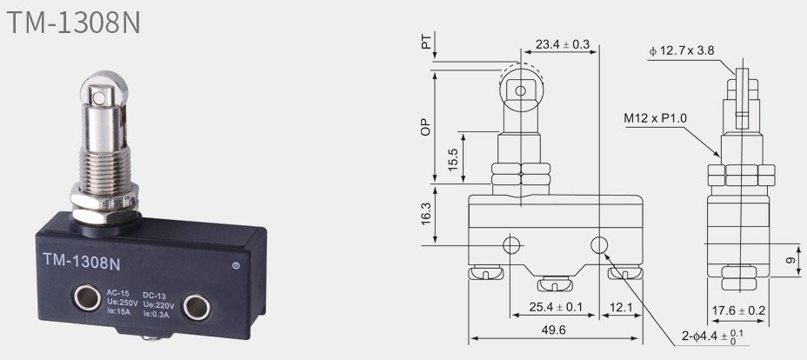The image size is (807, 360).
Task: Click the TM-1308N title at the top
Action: point(74,23)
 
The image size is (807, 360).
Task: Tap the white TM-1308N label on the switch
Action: point(82,262)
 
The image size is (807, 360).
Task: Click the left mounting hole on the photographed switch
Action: point(87,297)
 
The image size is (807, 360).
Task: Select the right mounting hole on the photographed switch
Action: point(197,307)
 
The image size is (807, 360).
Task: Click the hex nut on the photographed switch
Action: point(105,203)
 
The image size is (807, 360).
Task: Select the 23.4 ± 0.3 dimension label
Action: point(562,44)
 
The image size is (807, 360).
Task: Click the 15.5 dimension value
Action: point(452,160)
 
